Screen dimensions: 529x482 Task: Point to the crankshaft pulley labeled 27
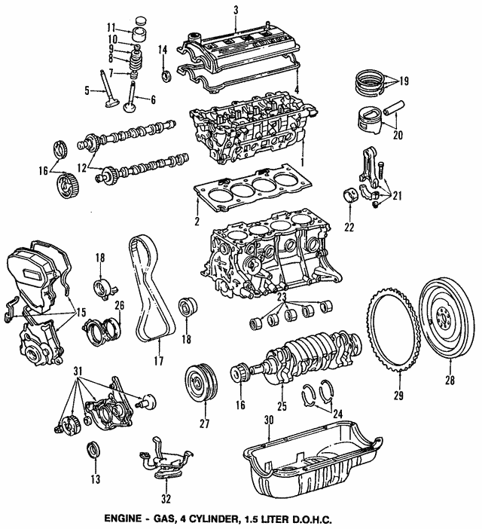[199, 384]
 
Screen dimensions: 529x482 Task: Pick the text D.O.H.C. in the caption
[310, 519]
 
